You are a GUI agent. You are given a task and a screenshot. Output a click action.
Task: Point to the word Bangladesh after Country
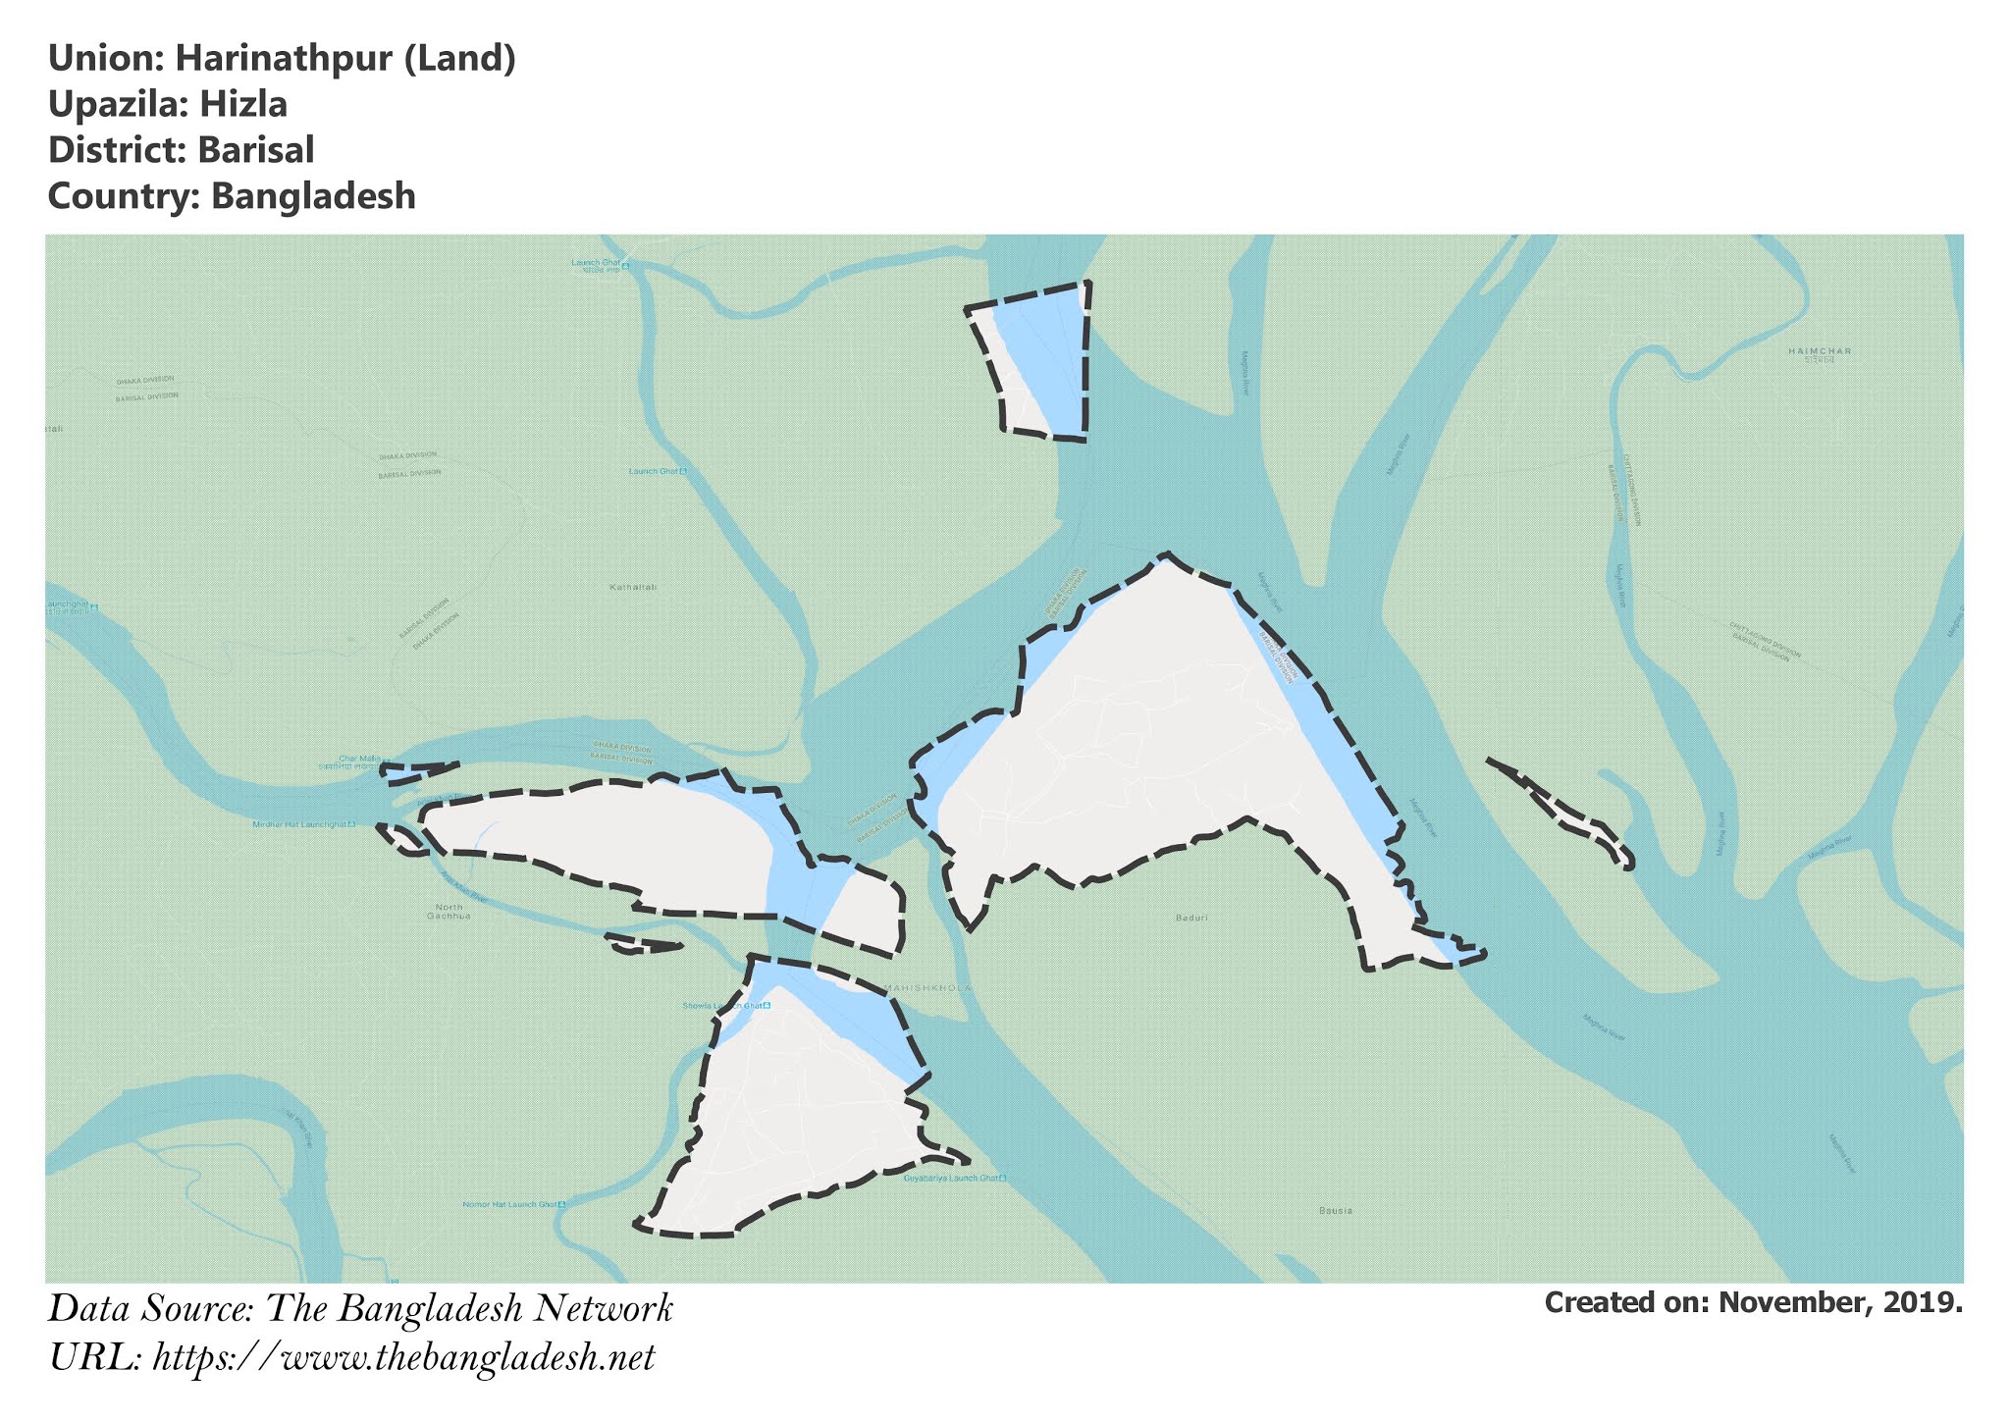pyautogui.click(x=313, y=196)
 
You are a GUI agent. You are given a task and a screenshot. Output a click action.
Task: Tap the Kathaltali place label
pyautogui.click(x=633, y=588)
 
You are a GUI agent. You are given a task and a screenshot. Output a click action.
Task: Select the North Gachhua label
pyautogui.click(x=449, y=911)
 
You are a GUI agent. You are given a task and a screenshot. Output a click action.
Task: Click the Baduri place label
pyautogui.click(x=1190, y=919)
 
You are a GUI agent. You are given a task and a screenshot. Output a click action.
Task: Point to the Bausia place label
pyautogui.click(x=1336, y=1211)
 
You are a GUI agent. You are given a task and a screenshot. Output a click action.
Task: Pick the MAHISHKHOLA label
pyautogui.click(x=927, y=987)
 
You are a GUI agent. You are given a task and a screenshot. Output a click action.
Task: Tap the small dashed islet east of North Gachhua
pyautogui.click(x=644, y=944)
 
